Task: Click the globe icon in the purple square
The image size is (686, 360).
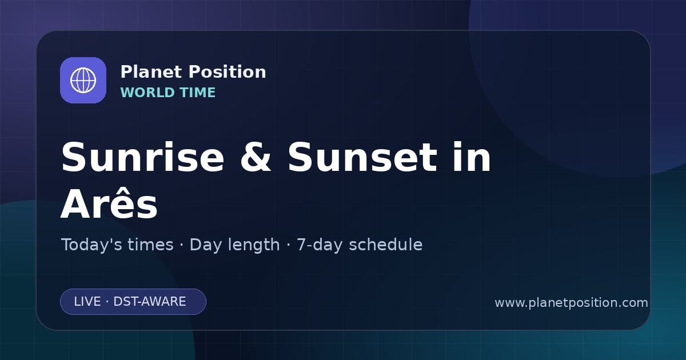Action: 83,80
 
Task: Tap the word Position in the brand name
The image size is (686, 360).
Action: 228,72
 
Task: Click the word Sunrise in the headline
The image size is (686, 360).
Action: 143,157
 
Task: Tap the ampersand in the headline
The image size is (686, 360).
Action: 256,157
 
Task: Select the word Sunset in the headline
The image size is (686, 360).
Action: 362,157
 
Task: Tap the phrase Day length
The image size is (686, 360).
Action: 234,245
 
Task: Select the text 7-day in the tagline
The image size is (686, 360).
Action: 319,245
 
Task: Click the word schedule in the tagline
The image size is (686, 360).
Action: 385,245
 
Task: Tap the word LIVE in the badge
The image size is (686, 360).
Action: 87,302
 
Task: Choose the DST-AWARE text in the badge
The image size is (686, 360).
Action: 149,302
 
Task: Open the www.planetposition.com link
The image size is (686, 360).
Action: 571,303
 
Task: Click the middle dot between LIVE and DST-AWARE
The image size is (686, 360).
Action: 107,302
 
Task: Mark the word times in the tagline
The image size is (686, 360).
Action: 150,245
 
